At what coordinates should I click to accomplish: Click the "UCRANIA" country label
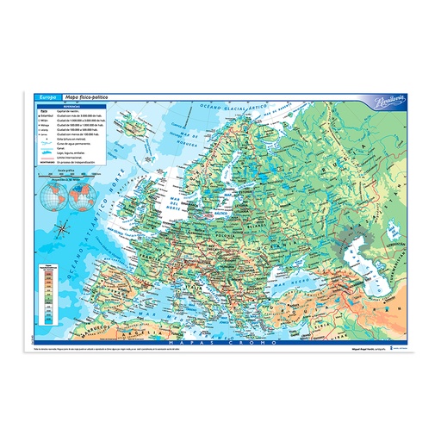pyautogui.click(x=289, y=239)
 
